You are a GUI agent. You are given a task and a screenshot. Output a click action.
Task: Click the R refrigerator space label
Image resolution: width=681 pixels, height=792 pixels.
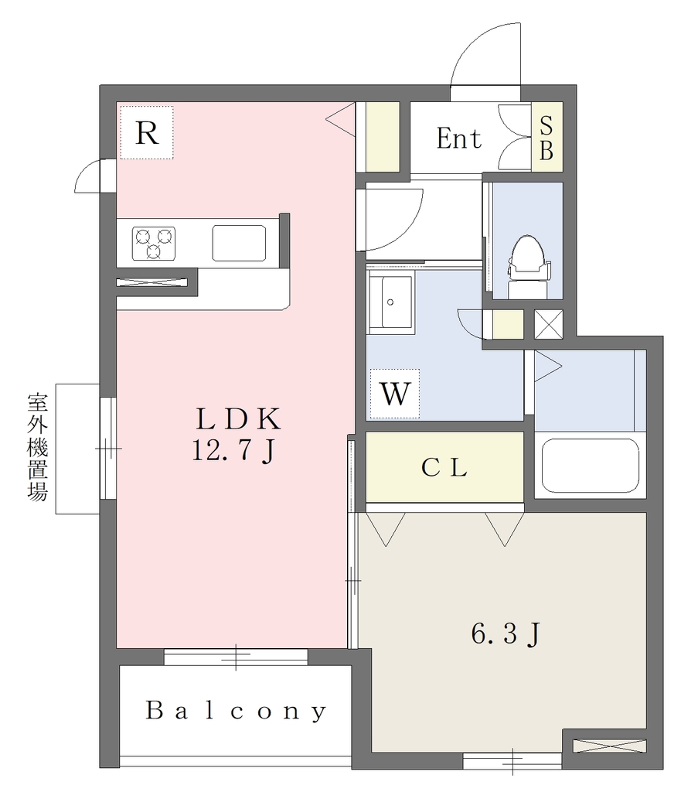pyautogui.click(x=147, y=133)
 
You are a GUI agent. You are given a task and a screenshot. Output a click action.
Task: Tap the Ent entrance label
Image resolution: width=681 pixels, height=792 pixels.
pyautogui.click(x=459, y=138)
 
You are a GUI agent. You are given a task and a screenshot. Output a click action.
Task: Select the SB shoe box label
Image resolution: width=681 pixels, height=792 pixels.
pyautogui.click(x=547, y=138)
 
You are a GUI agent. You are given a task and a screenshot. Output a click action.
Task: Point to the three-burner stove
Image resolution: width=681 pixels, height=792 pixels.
pyautogui.click(x=154, y=243)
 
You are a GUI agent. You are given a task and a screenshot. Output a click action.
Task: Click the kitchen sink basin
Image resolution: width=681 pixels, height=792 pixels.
pyautogui.click(x=239, y=243)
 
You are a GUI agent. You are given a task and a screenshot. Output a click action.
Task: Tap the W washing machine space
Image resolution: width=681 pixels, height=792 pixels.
pyautogui.click(x=394, y=394)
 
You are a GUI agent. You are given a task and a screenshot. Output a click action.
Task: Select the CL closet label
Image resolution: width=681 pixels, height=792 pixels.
pyautogui.click(x=444, y=467)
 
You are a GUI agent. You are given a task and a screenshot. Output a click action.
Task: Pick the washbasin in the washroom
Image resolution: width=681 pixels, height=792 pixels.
pyautogui.click(x=390, y=302)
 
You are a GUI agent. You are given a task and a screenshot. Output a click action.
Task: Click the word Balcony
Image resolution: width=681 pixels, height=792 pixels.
pyautogui.click(x=236, y=711)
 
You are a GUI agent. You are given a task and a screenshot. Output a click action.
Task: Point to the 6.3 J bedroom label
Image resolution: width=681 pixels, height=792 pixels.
pyautogui.click(x=506, y=633)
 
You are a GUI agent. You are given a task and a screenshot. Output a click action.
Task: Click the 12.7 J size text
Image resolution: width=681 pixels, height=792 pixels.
pyautogui.click(x=233, y=450)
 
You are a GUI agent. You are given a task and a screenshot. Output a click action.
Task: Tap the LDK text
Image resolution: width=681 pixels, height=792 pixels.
pyautogui.click(x=238, y=418)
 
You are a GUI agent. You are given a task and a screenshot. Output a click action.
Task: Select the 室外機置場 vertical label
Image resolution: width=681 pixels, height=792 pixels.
pyautogui.click(x=37, y=447)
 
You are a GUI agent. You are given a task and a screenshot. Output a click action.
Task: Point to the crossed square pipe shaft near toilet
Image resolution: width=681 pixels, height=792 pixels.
pyautogui.click(x=548, y=324)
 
